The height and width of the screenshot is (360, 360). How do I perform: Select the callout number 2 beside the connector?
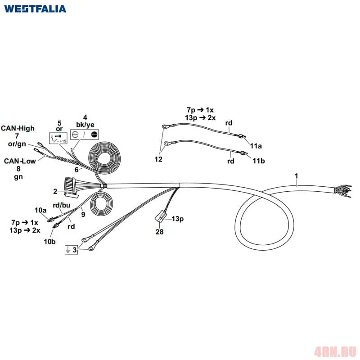coord(55,191)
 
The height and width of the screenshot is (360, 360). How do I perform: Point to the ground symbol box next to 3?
coord(68,250)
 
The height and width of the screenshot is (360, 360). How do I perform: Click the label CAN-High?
coord(17,128)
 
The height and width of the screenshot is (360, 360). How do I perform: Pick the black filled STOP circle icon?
coord(94,134)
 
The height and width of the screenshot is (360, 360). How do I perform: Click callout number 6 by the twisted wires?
coord(76,170)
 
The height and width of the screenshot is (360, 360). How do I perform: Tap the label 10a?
coord(41,210)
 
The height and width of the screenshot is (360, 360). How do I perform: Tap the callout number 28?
coord(159,232)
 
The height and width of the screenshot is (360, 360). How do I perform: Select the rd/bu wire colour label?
coord(62,205)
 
